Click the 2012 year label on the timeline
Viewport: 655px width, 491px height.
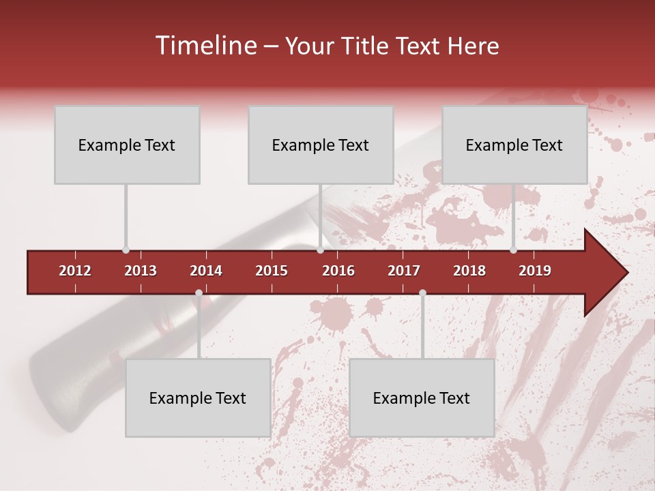[75, 271]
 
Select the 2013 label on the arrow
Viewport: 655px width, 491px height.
[141, 271]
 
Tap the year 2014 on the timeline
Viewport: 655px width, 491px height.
[206, 271]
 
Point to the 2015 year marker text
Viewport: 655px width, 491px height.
[272, 271]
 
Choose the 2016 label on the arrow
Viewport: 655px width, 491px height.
[338, 271]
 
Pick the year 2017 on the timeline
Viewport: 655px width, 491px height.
[404, 271]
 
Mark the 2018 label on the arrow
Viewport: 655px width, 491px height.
[469, 271]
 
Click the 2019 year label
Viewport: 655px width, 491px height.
[535, 271]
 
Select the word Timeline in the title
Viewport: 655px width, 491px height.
[205, 46]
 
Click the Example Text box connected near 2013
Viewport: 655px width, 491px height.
[127, 145]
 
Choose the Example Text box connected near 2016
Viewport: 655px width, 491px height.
[321, 145]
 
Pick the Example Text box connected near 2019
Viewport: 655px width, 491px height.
[514, 145]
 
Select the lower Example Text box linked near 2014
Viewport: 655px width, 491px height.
[198, 398]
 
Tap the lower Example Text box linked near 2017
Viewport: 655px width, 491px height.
[422, 398]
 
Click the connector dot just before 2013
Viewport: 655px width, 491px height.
[126, 250]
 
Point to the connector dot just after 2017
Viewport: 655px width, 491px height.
[422, 293]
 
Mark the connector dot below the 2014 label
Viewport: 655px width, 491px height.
[199, 293]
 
